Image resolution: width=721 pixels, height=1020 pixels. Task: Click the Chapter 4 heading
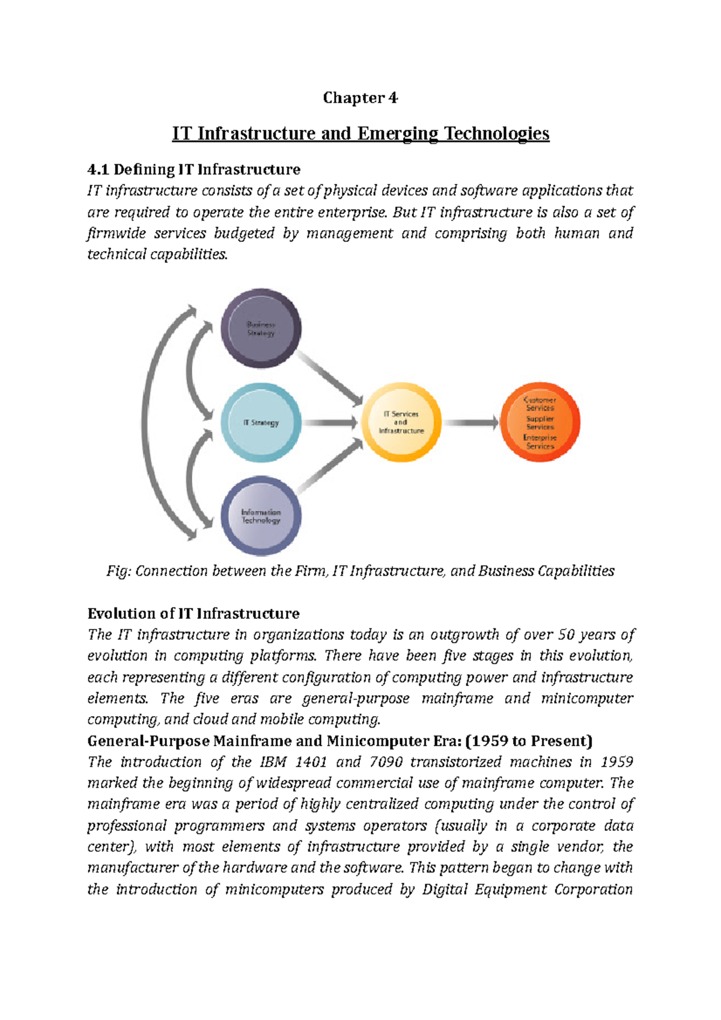click(x=360, y=97)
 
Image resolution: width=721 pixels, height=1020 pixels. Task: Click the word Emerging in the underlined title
click(x=397, y=133)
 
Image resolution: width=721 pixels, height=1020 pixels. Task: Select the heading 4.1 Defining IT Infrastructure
click(x=193, y=169)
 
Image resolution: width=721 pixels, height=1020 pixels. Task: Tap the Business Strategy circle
click(x=261, y=329)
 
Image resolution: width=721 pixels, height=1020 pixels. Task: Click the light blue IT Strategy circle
click(x=261, y=422)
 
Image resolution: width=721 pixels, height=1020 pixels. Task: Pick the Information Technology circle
click(x=261, y=516)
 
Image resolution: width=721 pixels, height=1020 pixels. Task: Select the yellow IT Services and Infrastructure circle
click(x=401, y=422)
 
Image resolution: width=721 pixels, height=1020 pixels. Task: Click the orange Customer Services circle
click(x=540, y=422)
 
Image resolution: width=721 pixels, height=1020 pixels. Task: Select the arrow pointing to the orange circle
click(x=471, y=423)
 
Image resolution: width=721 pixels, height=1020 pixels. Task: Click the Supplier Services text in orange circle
click(x=540, y=422)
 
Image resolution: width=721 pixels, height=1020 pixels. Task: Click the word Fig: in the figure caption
click(x=118, y=571)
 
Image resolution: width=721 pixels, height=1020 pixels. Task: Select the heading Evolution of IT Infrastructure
click(x=193, y=613)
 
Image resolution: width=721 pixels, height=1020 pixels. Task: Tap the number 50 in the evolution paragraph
click(x=566, y=635)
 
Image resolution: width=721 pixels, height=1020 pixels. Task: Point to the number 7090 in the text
click(x=386, y=762)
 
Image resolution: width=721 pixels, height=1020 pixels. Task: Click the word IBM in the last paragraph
click(x=273, y=762)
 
